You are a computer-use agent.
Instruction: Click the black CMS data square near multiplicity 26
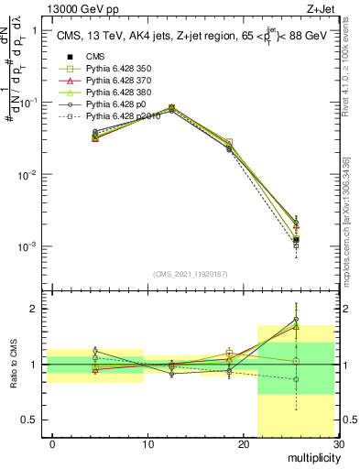click(296, 239)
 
